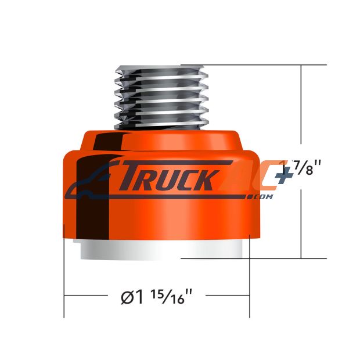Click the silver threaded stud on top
pos(161,98)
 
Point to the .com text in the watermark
pos(263,197)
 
